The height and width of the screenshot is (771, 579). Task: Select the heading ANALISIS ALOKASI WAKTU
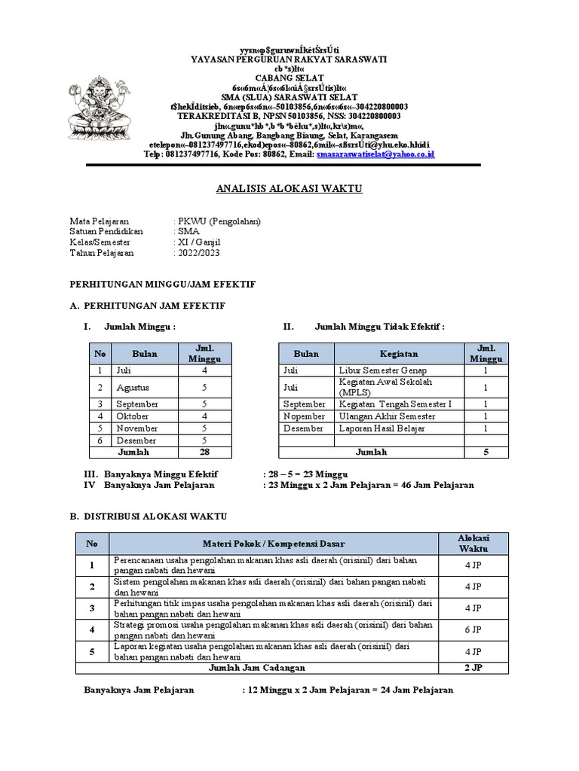pyautogui.click(x=289, y=189)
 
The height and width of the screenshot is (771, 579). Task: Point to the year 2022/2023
pyautogui.click(x=200, y=253)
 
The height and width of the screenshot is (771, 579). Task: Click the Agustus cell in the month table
pyautogui.click(x=133, y=388)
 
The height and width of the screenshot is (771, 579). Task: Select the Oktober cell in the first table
pyautogui.click(x=135, y=416)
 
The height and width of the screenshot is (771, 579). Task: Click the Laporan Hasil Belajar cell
pyautogui.click(x=382, y=428)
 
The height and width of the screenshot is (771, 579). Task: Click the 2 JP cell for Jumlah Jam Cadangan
pyautogui.click(x=473, y=668)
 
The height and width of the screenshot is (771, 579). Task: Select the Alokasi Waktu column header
pyautogui.click(x=473, y=543)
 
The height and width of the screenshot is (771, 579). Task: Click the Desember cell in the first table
pyautogui.click(x=136, y=440)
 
